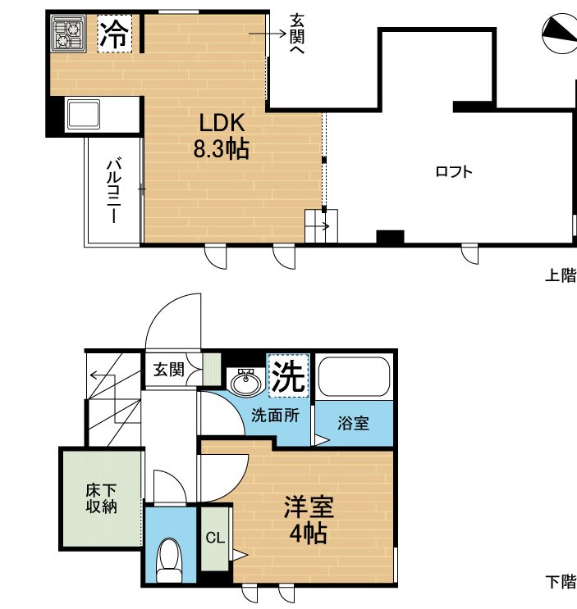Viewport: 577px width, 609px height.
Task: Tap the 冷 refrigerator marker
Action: pyautogui.click(x=114, y=34)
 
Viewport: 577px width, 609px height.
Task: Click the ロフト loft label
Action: pyautogui.click(x=453, y=172)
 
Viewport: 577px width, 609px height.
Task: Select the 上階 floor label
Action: pyautogui.click(x=561, y=276)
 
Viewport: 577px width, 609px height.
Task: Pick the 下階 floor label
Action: pyautogui.click(x=561, y=583)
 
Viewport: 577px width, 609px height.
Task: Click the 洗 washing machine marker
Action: pyautogui.click(x=289, y=375)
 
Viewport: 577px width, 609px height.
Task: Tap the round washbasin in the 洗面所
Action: pyautogui.click(x=245, y=382)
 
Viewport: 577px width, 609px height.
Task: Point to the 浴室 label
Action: pyautogui.click(x=354, y=424)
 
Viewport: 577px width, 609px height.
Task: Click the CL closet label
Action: pyautogui.click(x=214, y=539)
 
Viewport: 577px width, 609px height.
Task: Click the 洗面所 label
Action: pyautogui.click(x=275, y=416)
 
